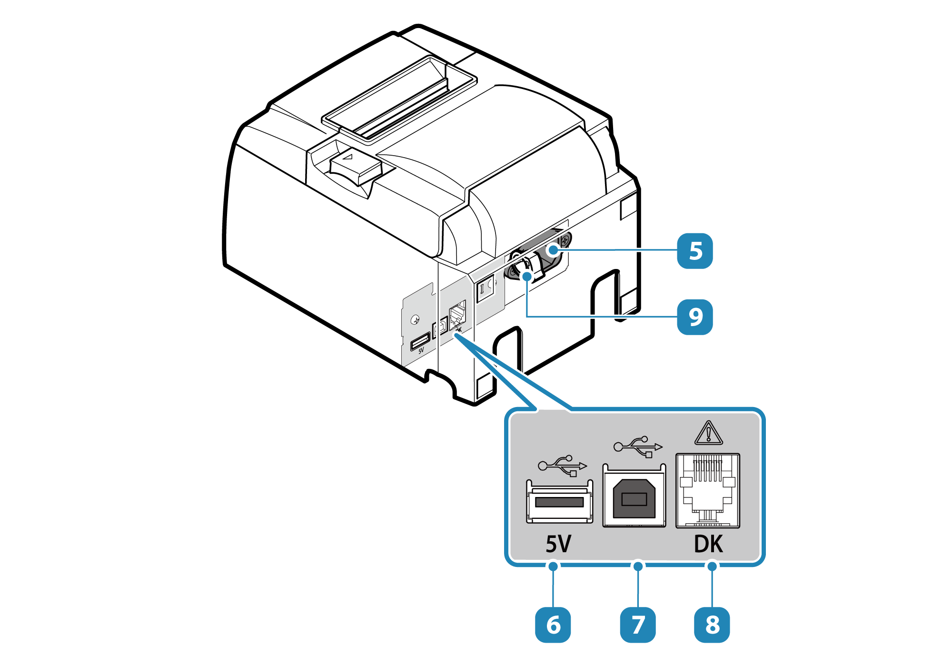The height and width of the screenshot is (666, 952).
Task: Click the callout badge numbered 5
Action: (694, 251)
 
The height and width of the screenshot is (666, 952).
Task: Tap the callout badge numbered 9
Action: (694, 317)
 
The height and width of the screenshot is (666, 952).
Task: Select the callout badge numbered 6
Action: (553, 625)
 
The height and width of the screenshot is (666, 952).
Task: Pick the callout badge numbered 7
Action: (638, 625)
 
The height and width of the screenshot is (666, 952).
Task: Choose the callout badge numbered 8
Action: (712, 625)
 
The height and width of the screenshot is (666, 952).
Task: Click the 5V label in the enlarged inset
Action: (558, 544)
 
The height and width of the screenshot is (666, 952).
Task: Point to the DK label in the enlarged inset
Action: (708, 544)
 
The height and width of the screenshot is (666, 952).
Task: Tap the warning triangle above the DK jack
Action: (709, 433)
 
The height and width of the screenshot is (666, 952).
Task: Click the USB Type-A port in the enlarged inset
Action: (559, 502)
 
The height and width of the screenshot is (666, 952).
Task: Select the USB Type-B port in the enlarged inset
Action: (634, 496)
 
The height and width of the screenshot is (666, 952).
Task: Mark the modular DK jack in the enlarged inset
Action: (708, 491)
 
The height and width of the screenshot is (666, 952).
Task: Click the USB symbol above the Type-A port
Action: (563, 466)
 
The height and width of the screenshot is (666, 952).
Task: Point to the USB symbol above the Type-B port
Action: (638, 447)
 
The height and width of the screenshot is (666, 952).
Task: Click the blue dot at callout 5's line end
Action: (553, 250)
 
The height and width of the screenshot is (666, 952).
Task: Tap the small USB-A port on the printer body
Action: (420, 341)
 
